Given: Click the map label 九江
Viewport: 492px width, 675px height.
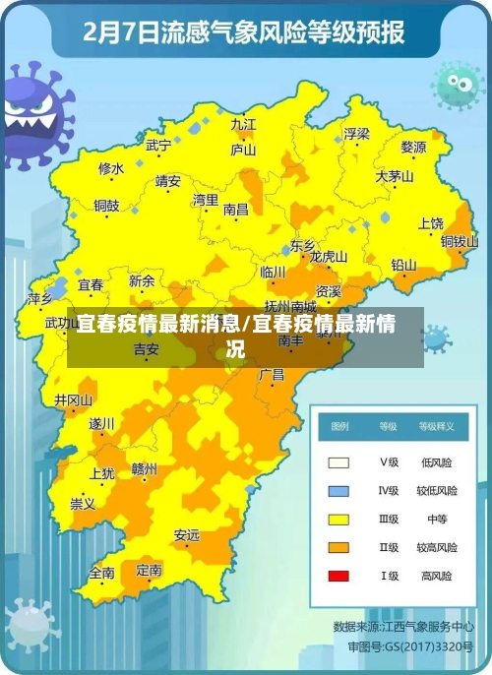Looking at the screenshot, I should (243, 124).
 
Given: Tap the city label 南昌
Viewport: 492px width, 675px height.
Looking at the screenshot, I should (236, 210).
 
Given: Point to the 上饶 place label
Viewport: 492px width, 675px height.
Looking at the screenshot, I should (431, 223).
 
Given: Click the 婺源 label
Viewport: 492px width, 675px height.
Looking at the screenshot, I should (413, 148).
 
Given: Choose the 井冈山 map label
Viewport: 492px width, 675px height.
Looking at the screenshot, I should (74, 400).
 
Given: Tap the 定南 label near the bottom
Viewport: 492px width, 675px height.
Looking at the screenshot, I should (150, 569).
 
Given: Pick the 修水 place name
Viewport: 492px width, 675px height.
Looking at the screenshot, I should (111, 169).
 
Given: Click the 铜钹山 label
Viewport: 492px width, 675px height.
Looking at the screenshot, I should (459, 241).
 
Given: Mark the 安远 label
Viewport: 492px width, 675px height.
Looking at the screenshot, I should (186, 535).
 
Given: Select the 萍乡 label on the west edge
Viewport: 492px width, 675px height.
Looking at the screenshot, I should (40, 298).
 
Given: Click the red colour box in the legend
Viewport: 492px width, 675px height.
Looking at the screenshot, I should (338, 576).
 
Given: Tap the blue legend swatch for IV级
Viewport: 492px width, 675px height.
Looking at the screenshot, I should (338, 490).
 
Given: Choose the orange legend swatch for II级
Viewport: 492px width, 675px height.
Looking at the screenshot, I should (338, 547).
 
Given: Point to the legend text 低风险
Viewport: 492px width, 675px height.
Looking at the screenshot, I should (436, 461).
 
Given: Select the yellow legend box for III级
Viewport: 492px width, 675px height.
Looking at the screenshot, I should (338, 519).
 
